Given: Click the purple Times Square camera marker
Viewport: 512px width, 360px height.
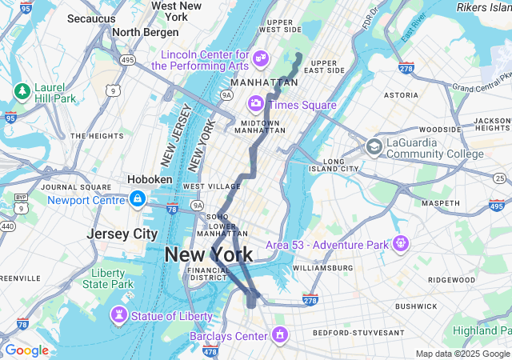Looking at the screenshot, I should [x=256, y=103].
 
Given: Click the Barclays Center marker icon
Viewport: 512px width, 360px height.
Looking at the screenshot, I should [x=279, y=334].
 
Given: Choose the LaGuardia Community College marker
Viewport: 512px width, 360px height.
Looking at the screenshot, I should [x=374, y=146].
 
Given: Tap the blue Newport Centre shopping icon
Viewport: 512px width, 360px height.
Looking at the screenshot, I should [x=137, y=198].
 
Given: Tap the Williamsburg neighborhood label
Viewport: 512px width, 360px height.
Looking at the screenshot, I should [x=322, y=267].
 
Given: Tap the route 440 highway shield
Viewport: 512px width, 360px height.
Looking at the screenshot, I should [x=7, y=226].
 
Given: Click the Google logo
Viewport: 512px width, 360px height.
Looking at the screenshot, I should [x=26, y=350].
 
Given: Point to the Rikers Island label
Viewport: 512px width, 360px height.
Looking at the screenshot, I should [x=484, y=7].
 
